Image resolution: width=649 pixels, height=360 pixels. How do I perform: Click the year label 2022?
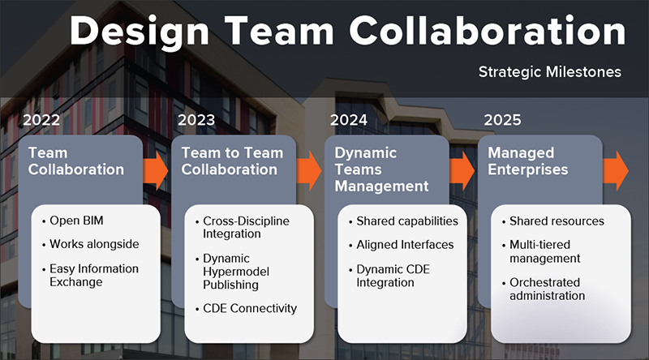41,120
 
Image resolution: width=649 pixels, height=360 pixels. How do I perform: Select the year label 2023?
196,120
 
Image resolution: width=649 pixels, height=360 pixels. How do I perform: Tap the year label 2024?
349,120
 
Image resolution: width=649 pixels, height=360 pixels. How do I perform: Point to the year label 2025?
502,120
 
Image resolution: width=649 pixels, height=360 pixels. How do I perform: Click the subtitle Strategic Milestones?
550,71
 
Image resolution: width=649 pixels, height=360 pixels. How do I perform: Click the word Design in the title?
140,32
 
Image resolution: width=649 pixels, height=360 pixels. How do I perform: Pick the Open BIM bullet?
72,221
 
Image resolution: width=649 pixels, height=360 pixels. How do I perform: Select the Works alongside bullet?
90,244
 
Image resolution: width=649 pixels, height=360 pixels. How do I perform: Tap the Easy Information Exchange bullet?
90,275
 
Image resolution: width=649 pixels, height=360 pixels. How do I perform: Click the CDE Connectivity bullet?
246,308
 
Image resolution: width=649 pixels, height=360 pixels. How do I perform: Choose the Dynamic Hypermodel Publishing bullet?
232,272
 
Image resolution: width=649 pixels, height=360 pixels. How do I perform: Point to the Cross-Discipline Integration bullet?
242,227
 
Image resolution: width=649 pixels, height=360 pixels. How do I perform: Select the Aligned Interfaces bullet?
401,245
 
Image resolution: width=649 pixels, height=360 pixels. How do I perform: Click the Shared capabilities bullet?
403,221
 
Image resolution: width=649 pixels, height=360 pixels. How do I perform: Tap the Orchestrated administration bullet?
543,289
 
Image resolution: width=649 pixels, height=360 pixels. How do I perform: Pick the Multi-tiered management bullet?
540,251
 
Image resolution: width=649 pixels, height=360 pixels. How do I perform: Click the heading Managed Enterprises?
528,161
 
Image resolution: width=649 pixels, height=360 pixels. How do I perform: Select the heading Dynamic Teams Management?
381,169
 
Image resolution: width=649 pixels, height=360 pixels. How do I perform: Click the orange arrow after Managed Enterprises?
616,170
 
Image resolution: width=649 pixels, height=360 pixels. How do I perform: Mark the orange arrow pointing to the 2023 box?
156,170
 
